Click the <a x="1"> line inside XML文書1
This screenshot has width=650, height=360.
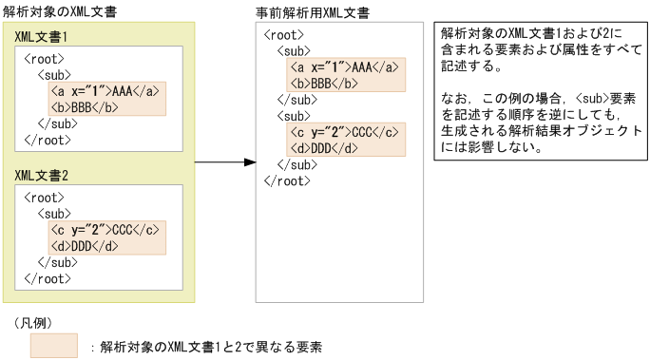106,91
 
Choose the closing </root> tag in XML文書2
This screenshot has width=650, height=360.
47,278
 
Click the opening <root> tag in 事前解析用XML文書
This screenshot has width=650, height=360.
283,34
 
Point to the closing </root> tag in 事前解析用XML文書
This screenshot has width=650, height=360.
286,180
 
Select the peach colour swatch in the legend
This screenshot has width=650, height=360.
53,346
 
